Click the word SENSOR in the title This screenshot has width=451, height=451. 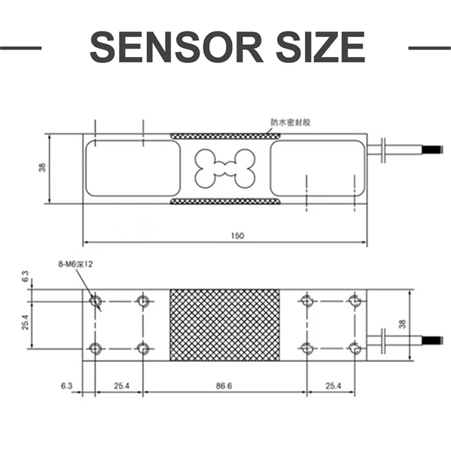pyautogui.click(x=176, y=48)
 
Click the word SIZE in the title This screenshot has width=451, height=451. pyautogui.click(x=321, y=48)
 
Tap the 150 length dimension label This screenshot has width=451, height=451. pyautogui.click(x=238, y=236)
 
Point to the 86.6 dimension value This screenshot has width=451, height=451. pyautogui.click(x=224, y=386)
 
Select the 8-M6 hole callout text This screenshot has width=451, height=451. pyautogui.click(x=75, y=264)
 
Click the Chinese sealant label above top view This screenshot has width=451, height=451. pyautogui.click(x=290, y=123)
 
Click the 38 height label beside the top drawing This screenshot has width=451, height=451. pyautogui.click(x=43, y=167)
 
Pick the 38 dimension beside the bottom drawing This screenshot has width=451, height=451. pyautogui.click(x=403, y=324)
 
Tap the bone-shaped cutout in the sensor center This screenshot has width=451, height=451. pyautogui.click(x=225, y=169)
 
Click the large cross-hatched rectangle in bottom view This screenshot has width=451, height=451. pyautogui.click(x=225, y=325)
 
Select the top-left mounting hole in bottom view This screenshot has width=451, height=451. pyautogui.click(x=96, y=301)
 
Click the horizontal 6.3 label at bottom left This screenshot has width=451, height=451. pyautogui.click(x=66, y=386)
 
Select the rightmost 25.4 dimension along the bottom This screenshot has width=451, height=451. pyautogui.click(x=333, y=386)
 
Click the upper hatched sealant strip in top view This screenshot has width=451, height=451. pyautogui.click(x=225, y=136)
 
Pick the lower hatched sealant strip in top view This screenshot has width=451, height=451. pyautogui.click(x=225, y=201)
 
